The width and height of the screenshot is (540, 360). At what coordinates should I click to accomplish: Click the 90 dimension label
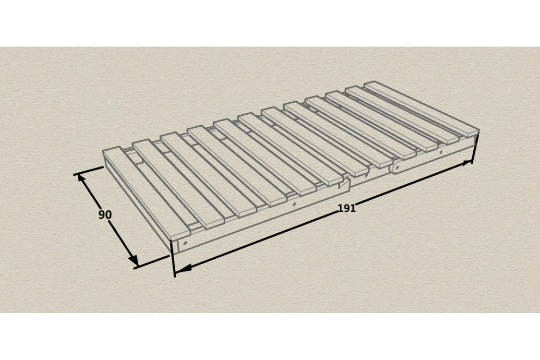105,215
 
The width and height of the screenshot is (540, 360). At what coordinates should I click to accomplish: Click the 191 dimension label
347,208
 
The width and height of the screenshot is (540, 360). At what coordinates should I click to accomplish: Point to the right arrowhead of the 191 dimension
466,163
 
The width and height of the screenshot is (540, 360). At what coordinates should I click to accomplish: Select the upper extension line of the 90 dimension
88,170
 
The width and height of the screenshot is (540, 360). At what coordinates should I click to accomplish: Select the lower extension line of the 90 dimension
152,262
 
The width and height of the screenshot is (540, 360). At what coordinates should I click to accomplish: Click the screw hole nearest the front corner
186,242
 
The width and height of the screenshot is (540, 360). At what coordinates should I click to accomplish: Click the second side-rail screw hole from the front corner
294,204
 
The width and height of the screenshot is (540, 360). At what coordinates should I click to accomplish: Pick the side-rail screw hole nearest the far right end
441,152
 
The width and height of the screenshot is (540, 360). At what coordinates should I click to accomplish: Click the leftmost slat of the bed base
146,193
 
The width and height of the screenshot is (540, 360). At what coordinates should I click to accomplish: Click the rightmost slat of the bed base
421,108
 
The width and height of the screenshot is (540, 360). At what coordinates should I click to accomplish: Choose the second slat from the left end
179,184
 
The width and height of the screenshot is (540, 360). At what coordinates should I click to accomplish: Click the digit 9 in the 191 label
347,208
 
